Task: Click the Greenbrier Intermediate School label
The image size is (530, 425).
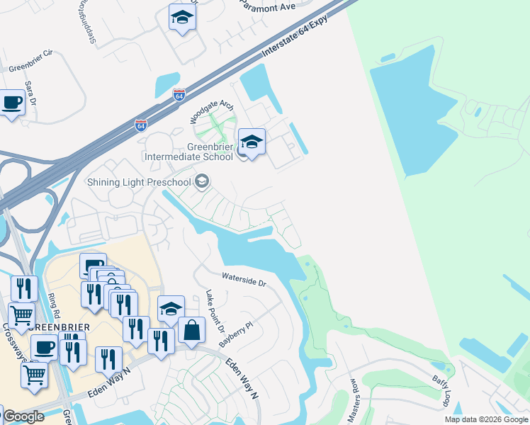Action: point(190,152)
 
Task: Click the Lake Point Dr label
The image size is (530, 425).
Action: point(215,312)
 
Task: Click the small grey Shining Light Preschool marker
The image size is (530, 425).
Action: point(202,182)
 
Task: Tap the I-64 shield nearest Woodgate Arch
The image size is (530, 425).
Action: point(179,95)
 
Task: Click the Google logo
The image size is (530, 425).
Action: point(23,416)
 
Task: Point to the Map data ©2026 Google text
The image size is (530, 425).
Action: point(486,419)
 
